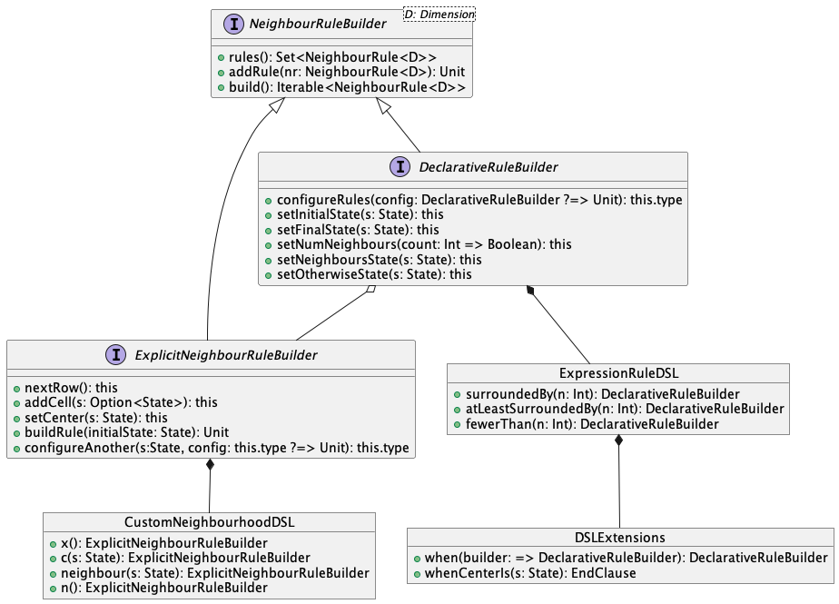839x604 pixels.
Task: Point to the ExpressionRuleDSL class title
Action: (618, 373)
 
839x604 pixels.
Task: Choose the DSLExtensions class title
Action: (619, 538)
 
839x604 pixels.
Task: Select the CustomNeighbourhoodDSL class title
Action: (209, 522)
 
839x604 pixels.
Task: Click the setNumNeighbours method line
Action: (424, 244)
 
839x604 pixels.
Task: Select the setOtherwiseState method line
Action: (374, 273)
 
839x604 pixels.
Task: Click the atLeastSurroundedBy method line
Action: (623, 409)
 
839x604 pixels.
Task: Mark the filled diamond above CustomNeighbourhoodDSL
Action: (211, 466)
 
